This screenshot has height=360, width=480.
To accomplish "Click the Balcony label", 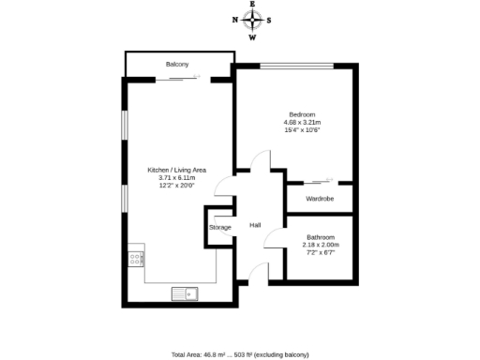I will pos(177,64).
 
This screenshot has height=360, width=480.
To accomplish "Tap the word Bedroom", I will pos(302,114).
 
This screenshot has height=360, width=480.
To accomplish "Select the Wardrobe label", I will pos(320,199).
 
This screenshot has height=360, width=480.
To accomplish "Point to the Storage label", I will pos(219,228).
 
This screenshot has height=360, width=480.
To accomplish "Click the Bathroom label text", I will pos(322,237).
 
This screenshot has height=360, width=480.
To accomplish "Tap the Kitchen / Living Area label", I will pos(177,170).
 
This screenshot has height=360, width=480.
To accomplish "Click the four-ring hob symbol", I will pos(136,258).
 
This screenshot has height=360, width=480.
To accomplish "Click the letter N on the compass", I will pos(234,20).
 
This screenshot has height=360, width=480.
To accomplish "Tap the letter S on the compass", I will pos(269,20).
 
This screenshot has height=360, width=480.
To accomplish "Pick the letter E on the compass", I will pos(251,4).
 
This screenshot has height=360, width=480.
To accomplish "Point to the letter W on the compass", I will pos(251,38).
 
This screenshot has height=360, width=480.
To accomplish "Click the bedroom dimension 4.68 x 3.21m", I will pos(302,122).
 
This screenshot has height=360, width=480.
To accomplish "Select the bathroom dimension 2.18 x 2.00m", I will pos(322,245).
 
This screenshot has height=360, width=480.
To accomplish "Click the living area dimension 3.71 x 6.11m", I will pos(177,177).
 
